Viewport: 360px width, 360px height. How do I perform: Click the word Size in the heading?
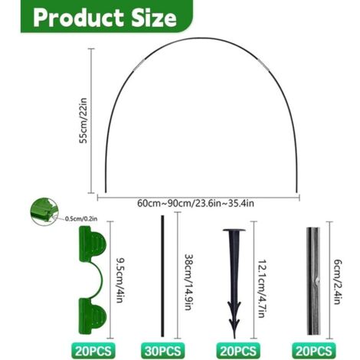[x=154, y=18]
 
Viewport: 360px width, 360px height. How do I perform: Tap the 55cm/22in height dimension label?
[x=83, y=120]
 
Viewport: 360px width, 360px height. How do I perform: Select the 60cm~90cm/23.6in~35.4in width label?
[x=195, y=204]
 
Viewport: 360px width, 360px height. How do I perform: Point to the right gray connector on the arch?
[x=263, y=66]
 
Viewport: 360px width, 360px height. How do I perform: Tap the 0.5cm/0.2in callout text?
[x=81, y=218]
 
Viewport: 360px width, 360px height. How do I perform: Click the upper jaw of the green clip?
[x=93, y=244]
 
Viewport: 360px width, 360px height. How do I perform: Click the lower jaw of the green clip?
[x=93, y=316]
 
